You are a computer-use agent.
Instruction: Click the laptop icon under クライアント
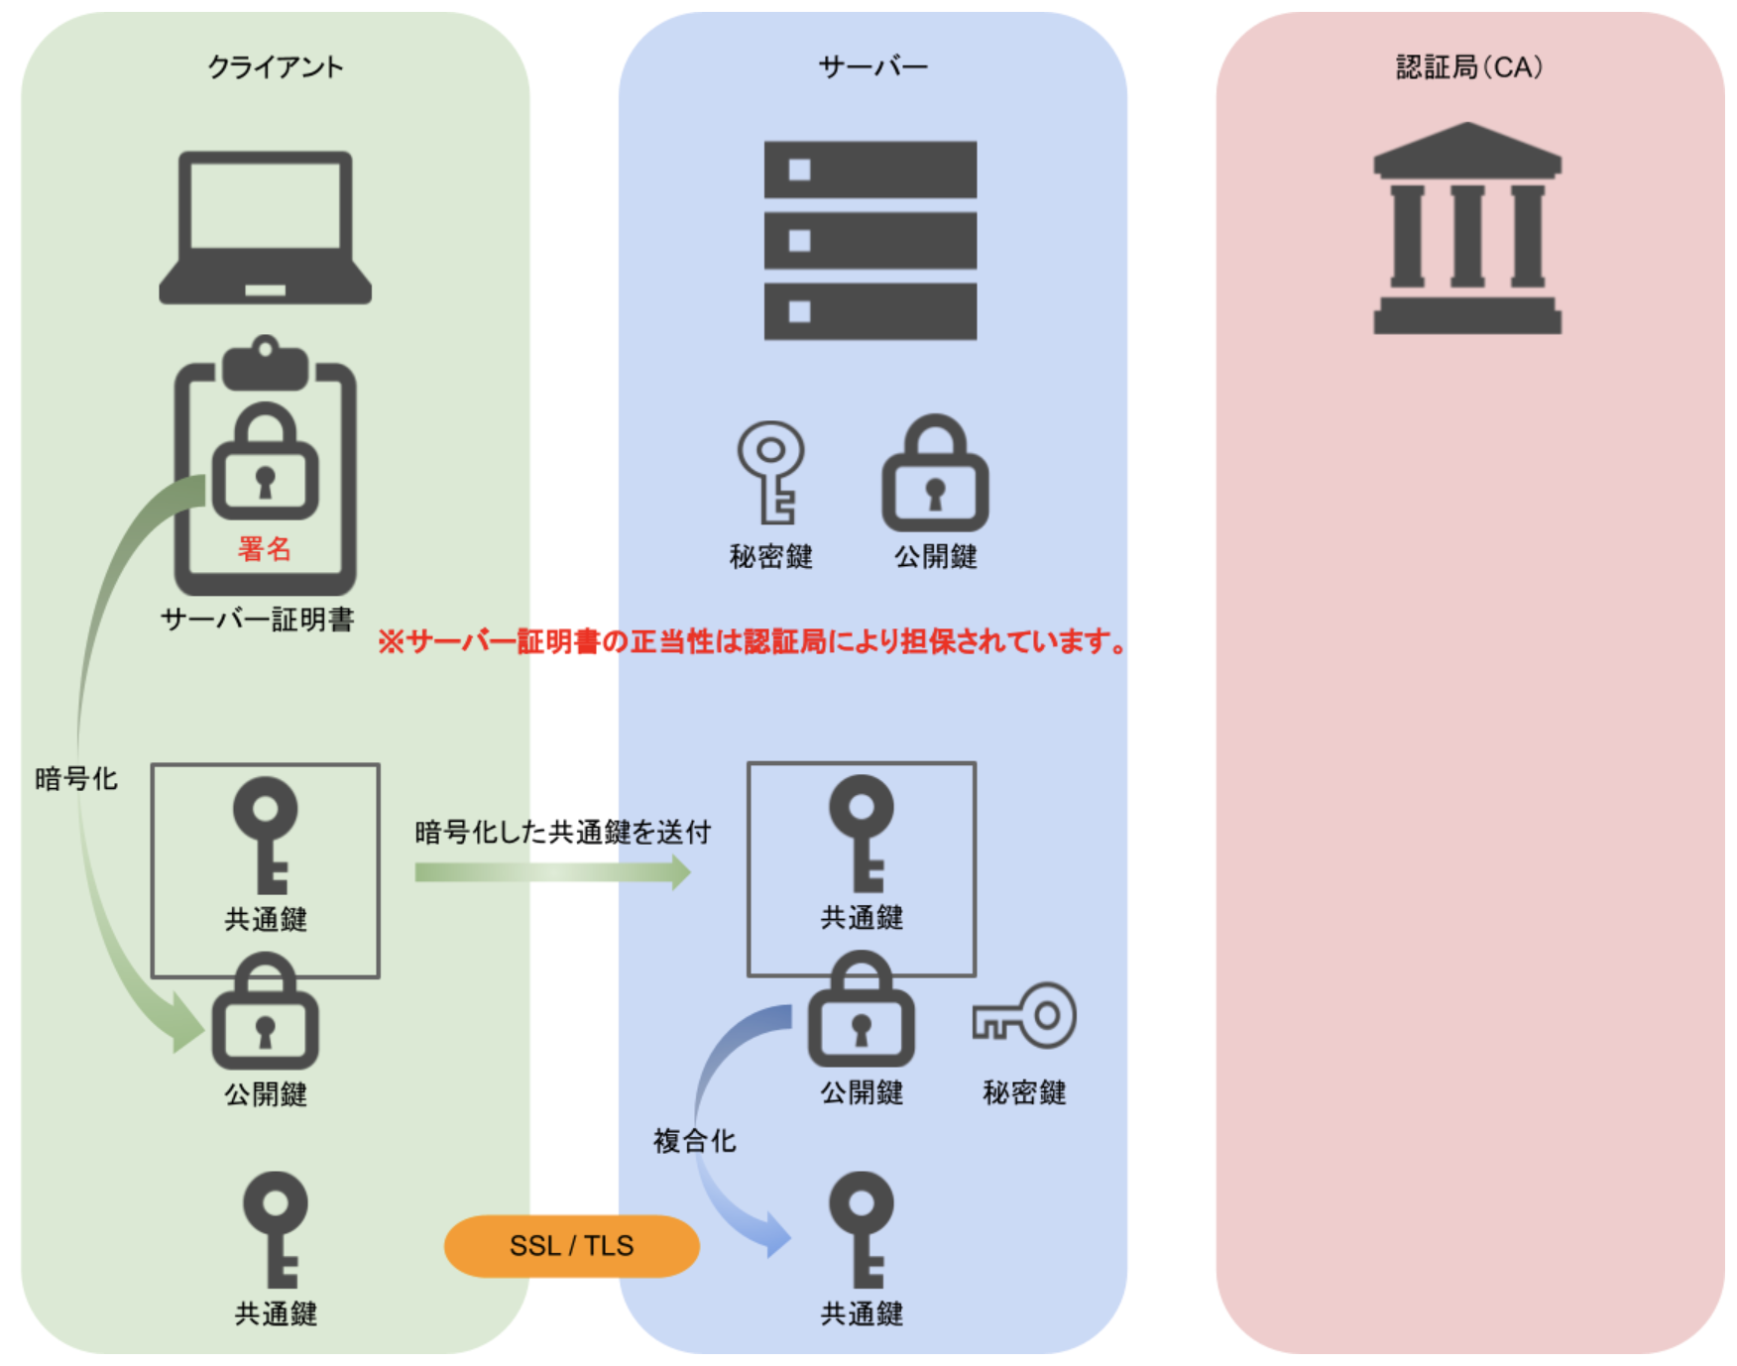pos(265,227)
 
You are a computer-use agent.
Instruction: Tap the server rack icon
pos(869,240)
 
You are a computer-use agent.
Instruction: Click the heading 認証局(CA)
pos(1468,67)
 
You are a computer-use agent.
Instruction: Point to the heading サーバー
pos(872,67)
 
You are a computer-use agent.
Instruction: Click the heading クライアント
pos(275,67)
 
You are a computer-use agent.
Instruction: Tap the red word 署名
pos(264,548)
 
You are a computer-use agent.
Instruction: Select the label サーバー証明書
pos(257,620)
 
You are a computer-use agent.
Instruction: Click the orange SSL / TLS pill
pos(571,1245)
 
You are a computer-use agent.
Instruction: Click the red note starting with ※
pos(753,641)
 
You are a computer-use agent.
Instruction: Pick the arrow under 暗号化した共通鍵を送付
pos(552,872)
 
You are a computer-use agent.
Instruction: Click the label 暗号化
pos(75,779)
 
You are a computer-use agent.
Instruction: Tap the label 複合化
pos(694,1141)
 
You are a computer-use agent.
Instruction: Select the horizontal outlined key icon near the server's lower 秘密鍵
pos(1024,1016)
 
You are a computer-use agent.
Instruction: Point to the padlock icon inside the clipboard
pos(265,462)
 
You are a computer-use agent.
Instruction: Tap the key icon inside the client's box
pos(265,834)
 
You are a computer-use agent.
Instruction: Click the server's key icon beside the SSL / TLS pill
pos(861,1229)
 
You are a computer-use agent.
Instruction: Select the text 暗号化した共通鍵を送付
pos(562,832)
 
